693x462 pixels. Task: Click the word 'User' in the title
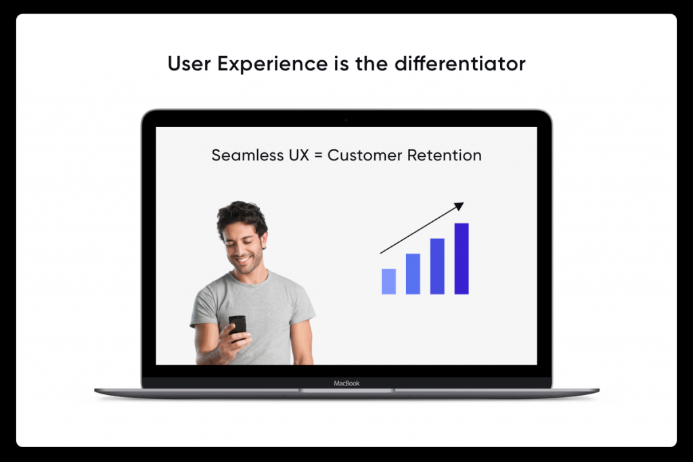(189, 64)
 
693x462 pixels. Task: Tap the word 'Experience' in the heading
(272, 64)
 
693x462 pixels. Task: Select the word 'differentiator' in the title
(460, 64)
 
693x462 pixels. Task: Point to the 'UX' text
(298, 155)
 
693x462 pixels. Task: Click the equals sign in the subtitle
(318, 156)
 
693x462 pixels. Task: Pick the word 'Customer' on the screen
(365, 155)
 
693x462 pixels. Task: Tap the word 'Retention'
(444, 155)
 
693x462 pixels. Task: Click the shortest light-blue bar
(388, 281)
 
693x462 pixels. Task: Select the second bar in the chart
(413, 274)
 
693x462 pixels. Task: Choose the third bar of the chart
(437, 267)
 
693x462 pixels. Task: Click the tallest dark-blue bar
(462, 259)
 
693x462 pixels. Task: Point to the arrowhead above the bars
(460, 206)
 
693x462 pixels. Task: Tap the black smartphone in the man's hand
(238, 327)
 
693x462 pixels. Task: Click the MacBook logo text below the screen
(346, 384)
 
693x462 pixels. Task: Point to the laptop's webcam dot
(346, 120)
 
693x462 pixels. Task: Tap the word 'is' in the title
(342, 64)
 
